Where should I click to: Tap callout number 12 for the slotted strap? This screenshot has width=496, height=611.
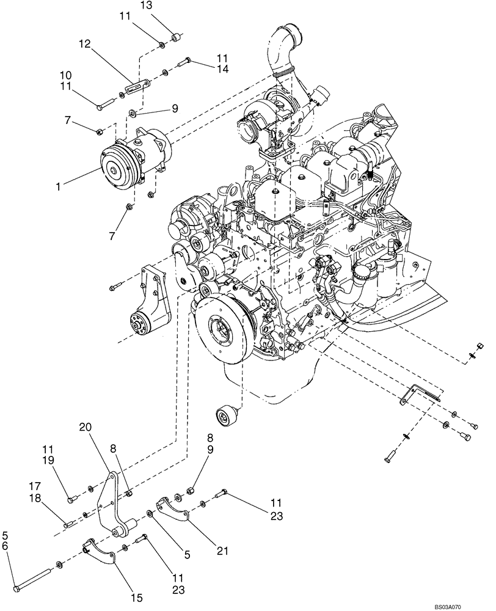tap(84, 45)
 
